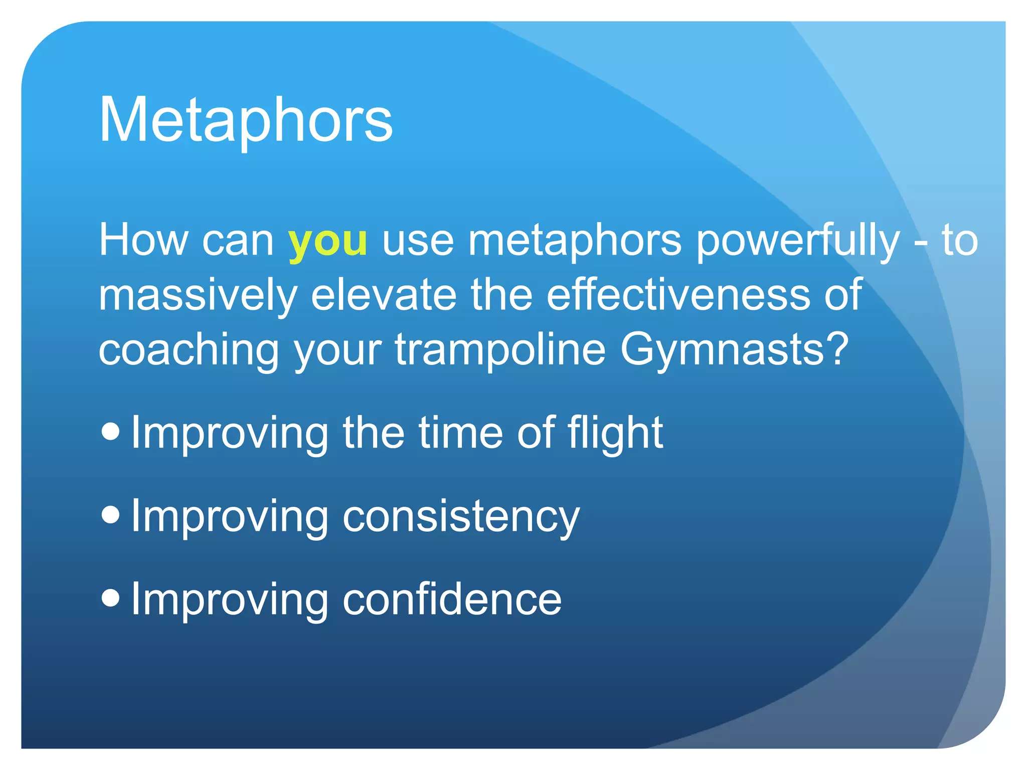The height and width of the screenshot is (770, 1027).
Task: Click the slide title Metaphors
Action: (x=246, y=120)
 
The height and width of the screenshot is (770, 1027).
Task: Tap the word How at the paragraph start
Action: (x=143, y=241)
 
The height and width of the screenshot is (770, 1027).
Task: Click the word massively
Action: (x=198, y=296)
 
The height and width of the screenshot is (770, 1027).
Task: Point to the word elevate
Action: (x=384, y=296)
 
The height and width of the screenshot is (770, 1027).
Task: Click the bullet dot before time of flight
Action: (x=110, y=431)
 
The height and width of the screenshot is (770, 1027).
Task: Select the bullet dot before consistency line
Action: (x=110, y=514)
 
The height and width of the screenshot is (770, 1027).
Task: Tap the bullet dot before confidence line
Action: (x=110, y=597)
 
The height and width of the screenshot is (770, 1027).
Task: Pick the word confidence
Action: (x=451, y=600)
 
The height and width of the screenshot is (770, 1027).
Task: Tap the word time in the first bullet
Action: (x=460, y=433)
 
